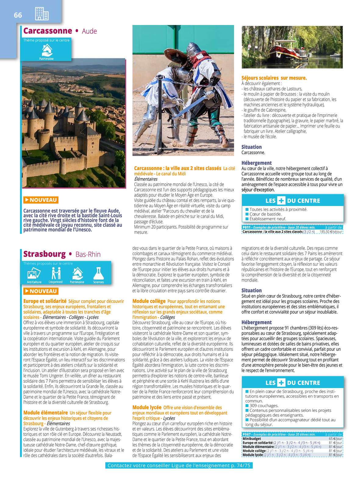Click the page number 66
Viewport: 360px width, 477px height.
(18, 15)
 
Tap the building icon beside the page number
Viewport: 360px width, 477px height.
(42, 14)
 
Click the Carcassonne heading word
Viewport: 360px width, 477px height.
(48, 31)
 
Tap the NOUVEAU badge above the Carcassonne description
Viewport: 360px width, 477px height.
(41, 200)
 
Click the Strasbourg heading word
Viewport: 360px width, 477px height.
(45, 254)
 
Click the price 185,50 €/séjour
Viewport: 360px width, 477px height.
(331, 232)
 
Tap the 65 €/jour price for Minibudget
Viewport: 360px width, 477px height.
(336, 439)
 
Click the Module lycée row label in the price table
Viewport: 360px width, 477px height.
(253, 455)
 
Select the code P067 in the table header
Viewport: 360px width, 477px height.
(247, 434)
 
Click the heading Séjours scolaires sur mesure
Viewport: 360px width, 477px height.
(274, 78)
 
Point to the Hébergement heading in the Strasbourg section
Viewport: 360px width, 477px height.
(256, 322)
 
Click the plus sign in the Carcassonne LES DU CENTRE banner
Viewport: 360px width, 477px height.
(281, 201)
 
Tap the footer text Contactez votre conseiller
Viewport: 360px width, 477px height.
(179, 465)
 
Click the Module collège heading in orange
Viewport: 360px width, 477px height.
(149, 301)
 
